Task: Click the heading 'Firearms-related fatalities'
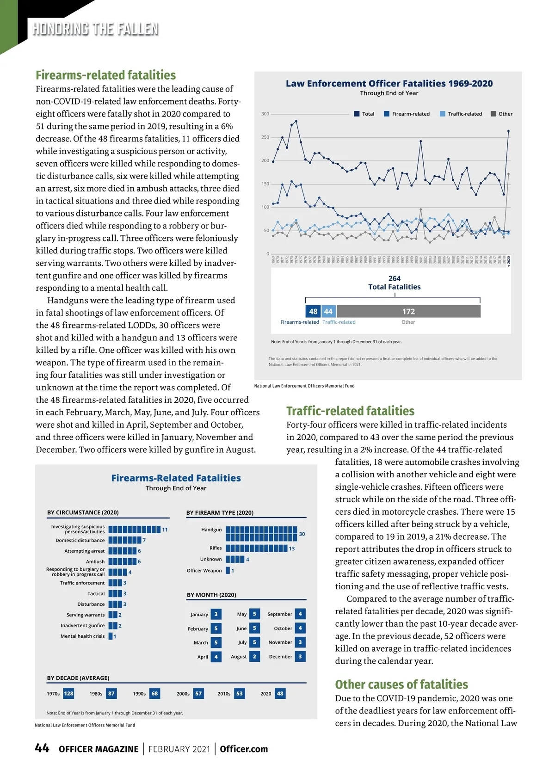[105, 75]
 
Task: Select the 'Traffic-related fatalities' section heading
[350, 411]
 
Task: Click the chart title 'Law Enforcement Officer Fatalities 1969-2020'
[389, 83]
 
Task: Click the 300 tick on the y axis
[265, 114]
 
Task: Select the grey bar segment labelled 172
[408, 311]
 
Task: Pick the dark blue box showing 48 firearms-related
[313, 311]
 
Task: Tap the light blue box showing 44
[328, 311]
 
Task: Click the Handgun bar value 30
[302, 534]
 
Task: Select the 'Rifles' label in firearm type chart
[216, 548]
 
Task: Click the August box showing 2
[254, 656]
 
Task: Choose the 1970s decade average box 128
[68, 693]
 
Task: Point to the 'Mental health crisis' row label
[82, 636]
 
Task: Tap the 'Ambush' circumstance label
[95, 561]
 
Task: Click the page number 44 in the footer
[42, 748]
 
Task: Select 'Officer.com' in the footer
[244, 749]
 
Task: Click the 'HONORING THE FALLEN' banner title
[95, 29]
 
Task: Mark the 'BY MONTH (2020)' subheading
[211, 595]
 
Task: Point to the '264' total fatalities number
[395, 278]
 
